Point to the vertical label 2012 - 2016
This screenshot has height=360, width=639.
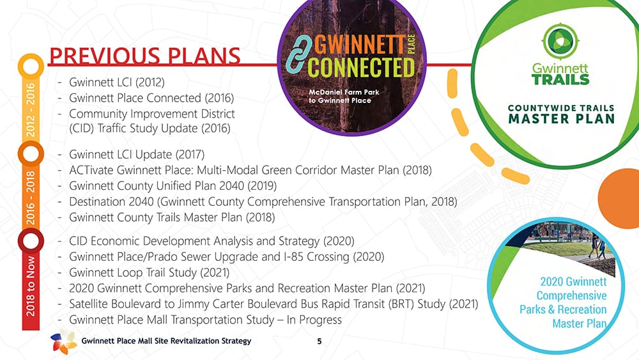coord(31,110)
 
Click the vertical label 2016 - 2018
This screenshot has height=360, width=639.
coord(31,198)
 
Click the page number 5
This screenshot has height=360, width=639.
coord(319,341)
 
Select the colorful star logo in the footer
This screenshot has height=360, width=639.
coord(63,341)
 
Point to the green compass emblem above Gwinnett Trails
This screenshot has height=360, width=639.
coord(560,41)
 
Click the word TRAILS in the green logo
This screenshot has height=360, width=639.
coord(561,79)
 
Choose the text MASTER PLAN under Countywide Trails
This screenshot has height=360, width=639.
coord(562,119)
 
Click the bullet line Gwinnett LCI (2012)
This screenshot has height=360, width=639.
coord(116,82)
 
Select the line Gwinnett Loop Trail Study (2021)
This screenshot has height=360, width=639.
coord(149,272)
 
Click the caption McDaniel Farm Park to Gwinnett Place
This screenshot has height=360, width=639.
coord(344,96)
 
